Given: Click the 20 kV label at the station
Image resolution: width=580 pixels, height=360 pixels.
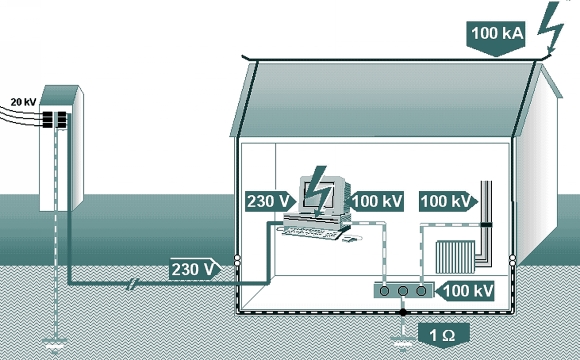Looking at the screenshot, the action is pos(23,102).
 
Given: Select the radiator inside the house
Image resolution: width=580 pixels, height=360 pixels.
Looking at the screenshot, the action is pos(455,257).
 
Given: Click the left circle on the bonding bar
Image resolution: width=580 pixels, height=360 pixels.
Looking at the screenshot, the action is pos(384,291).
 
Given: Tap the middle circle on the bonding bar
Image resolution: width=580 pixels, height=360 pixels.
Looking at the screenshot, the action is pos(403,291).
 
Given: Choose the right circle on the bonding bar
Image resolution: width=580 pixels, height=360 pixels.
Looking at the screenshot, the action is pos(421,291).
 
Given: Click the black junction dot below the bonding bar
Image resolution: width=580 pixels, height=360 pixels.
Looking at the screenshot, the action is pos(403,313).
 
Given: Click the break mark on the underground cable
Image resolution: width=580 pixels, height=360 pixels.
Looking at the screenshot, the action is pos(131,284).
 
